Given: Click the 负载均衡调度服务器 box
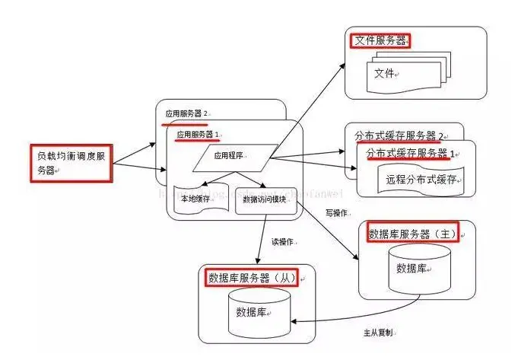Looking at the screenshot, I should pyautogui.click(x=72, y=161).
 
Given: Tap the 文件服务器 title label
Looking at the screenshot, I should pyautogui.click(x=379, y=40).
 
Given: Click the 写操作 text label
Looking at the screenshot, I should pyautogui.click(x=338, y=212).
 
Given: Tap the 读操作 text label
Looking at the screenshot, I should pyautogui.click(x=282, y=242).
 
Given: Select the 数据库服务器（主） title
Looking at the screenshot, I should pyautogui.click(x=412, y=233).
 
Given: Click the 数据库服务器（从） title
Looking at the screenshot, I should pyautogui.click(x=251, y=277).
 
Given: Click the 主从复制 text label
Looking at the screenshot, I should pyautogui.click(x=378, y=333).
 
